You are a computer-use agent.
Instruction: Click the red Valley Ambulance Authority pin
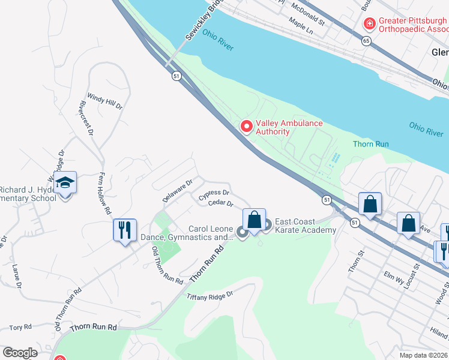point(246,126)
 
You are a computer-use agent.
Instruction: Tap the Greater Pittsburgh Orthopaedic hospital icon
point(370,23)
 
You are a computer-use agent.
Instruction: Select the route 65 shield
point(366,41)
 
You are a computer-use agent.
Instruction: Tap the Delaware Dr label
point(177,190)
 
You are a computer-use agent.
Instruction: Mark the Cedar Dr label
point(220,203)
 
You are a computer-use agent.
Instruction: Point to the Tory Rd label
point(20,328)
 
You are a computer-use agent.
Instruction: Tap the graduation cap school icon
point(65,182)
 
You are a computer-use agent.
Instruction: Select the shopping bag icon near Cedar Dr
point(254,220)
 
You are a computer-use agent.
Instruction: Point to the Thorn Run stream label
point(371,144)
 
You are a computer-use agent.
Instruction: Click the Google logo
point(20,353)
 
